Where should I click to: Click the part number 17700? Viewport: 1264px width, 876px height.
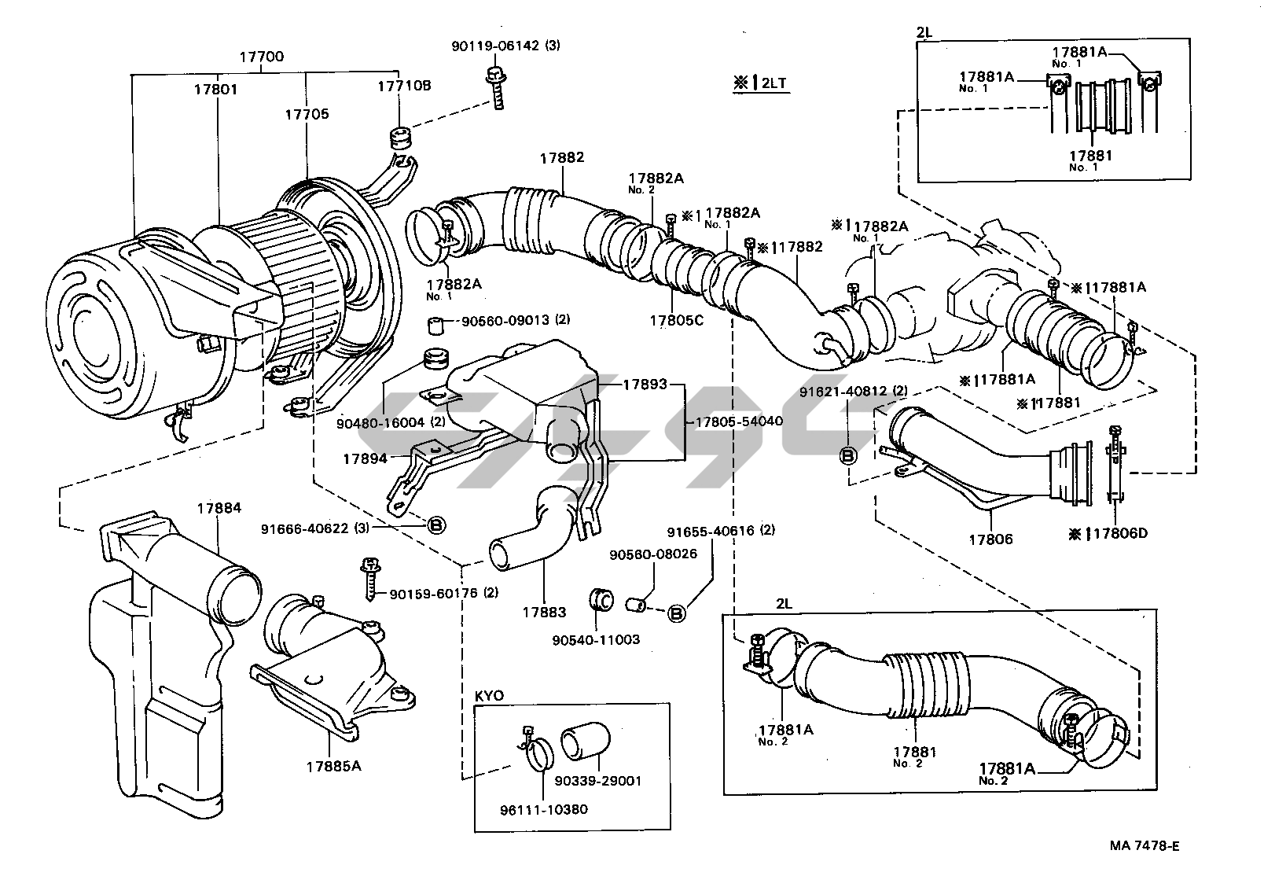click(x=261, y=57)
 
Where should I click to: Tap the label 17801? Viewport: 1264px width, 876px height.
click(x=216, y=89)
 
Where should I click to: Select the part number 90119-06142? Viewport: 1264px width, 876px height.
click(x=495, y=46)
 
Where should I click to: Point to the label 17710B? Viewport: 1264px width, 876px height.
click(x=404, y=86)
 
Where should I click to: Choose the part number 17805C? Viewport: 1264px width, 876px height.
click(x=677, y=321)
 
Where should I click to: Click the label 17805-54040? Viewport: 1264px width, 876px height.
click(x=739, y=421)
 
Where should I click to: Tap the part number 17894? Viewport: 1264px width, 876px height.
click(x=365, y=459)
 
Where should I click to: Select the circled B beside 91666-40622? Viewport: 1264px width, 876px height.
click(x=436, y=526)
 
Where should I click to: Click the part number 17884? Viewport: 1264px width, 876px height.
click(x=219, y=508)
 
